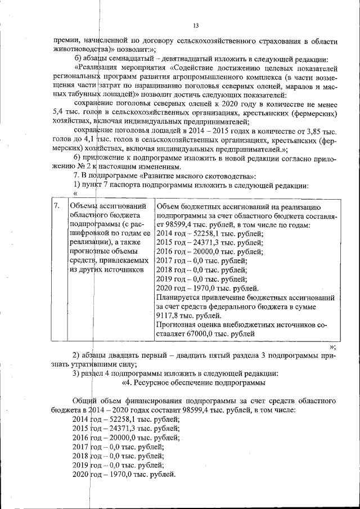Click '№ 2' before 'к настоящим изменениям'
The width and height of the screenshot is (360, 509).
click(84, 168)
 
